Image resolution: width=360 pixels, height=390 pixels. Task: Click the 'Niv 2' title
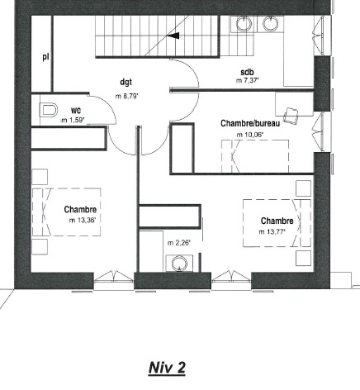coord(167,368)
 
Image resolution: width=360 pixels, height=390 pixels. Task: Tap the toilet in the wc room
coord(49,110)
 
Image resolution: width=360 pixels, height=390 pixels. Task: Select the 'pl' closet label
coord(45,57)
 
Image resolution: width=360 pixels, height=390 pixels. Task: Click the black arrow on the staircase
coord(173,36)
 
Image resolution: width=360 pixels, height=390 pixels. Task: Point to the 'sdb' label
coord(247,72)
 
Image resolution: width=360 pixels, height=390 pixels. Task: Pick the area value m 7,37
coord(248,81)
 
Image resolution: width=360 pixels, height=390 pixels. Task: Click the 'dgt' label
coord(126,82)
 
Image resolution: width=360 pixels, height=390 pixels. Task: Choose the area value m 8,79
coord(127,96)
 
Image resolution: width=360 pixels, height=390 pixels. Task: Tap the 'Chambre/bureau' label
coord(250,123)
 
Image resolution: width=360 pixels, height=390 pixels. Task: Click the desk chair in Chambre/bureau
coord(291,115)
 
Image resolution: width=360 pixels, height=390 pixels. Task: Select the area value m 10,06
coord(250,135)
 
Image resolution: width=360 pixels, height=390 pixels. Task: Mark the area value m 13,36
coord(83,220)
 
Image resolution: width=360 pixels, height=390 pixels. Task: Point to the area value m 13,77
coord(272,232)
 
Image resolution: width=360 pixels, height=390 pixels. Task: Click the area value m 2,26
coord(179,243)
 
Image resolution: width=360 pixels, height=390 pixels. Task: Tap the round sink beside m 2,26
coord(179,264)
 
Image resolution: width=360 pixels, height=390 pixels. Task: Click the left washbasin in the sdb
coord(244,23)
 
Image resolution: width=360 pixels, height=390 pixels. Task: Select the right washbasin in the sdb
coord(270,23)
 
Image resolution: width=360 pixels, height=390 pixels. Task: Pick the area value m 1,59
coord(73,120)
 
